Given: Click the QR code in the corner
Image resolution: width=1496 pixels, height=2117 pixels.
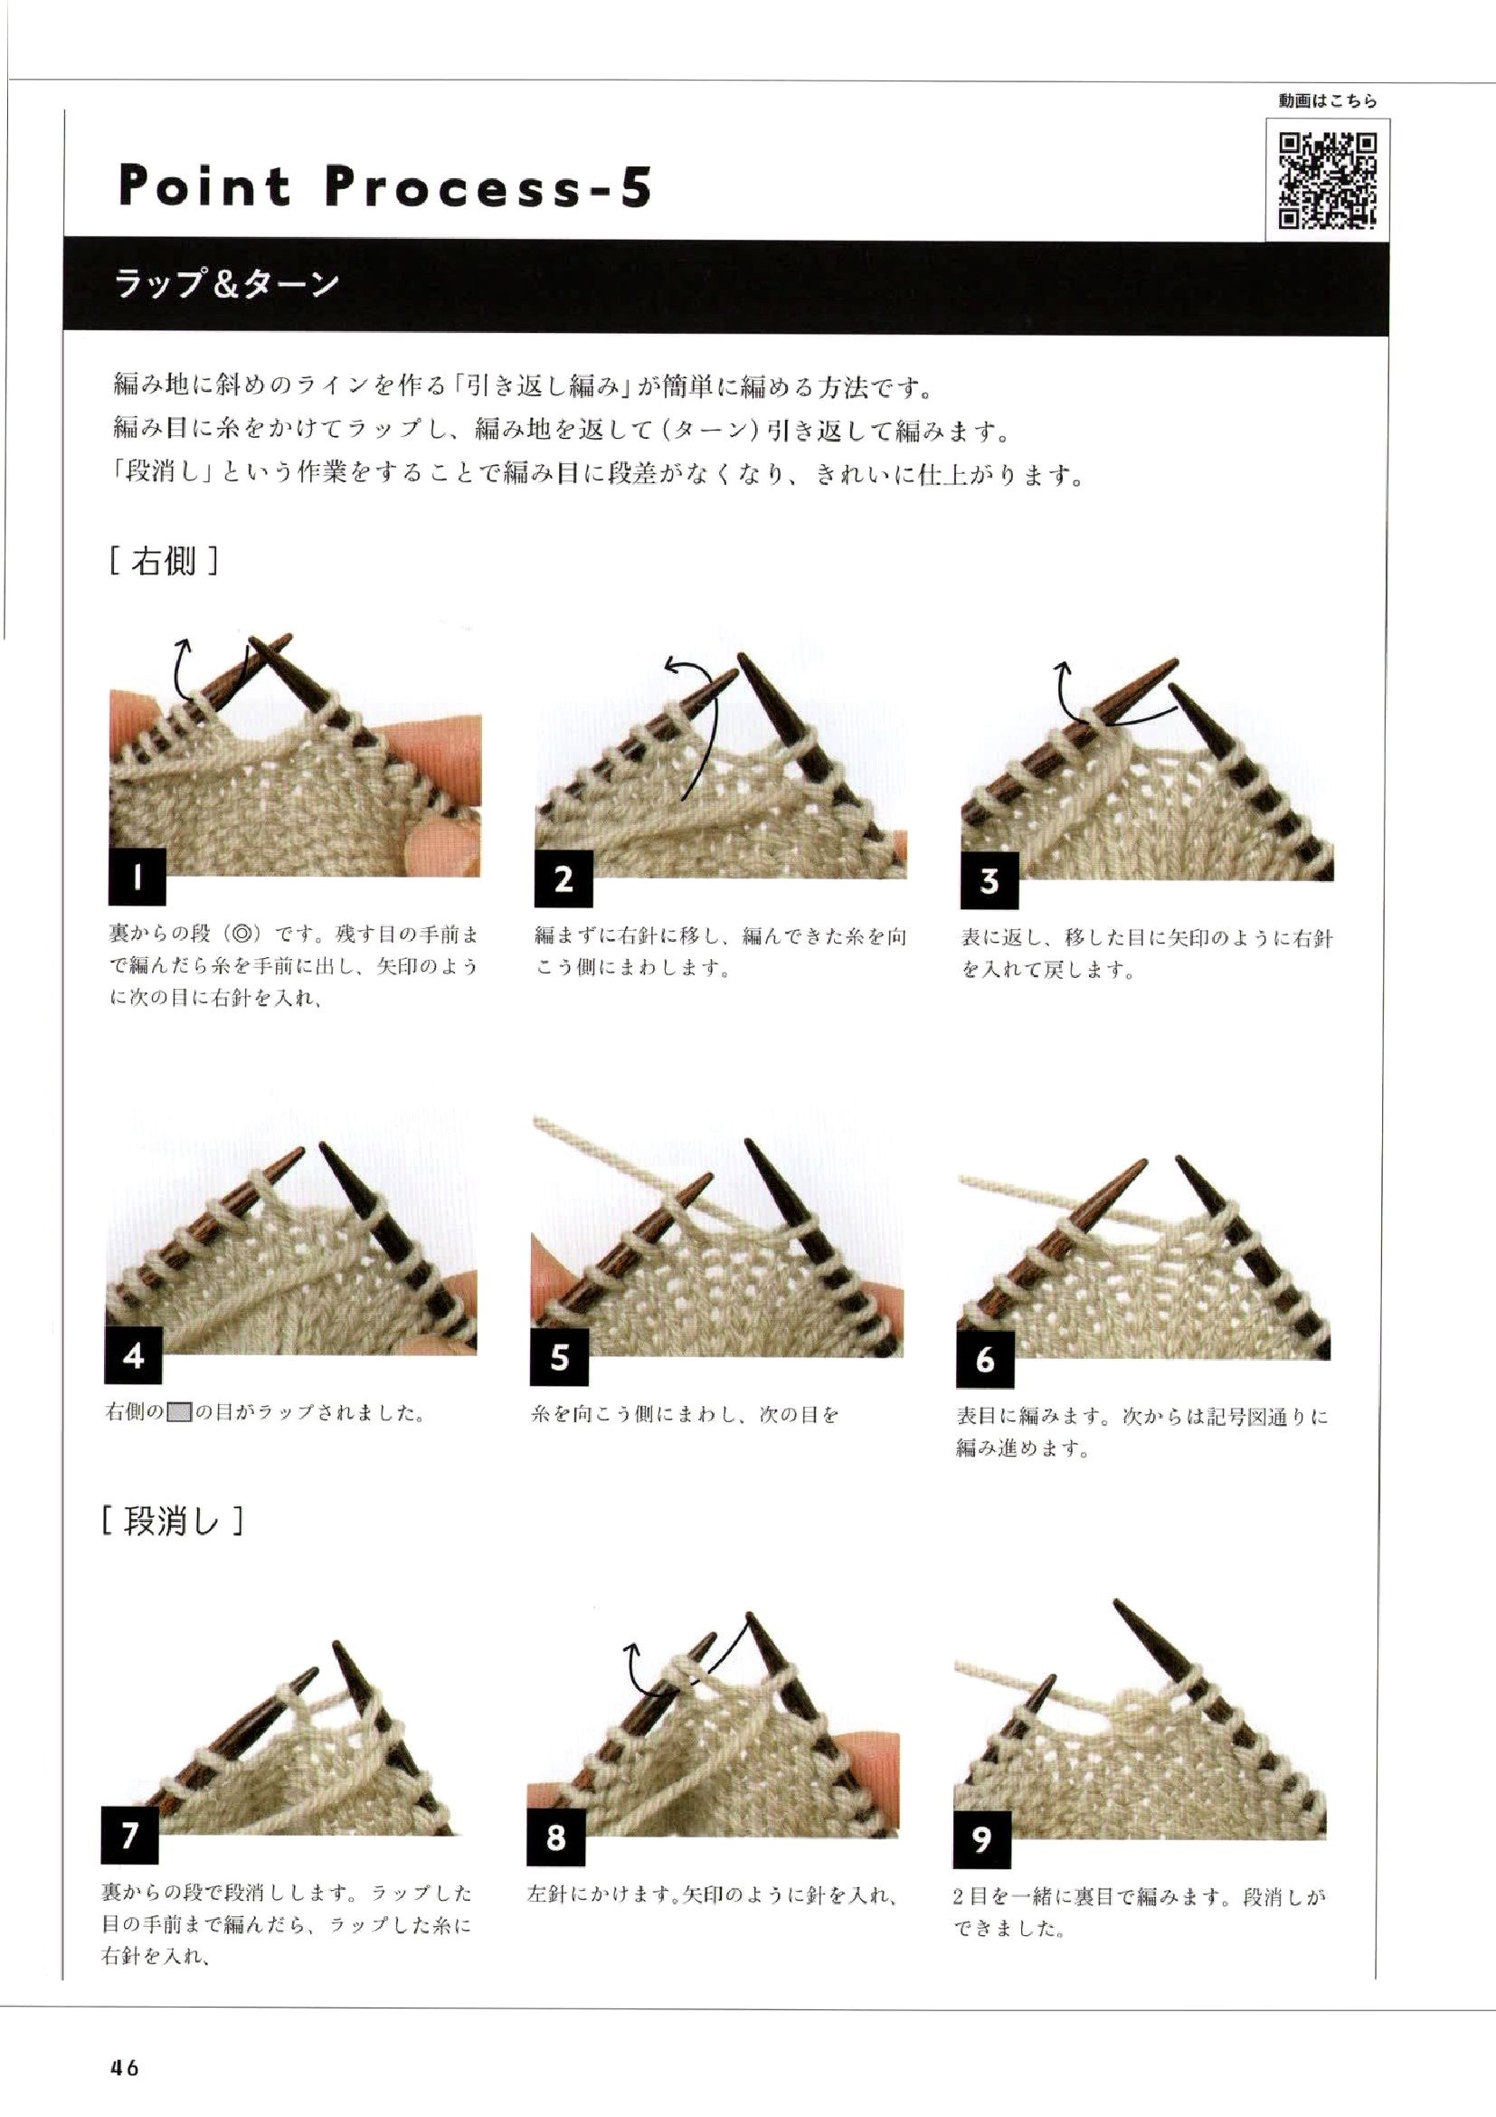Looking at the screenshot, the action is click(x=1330, y=180).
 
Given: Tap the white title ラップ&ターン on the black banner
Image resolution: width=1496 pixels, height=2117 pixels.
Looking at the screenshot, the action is click(x=227, y=283).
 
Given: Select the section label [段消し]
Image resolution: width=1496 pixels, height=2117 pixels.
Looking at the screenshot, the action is click(x=173, y=1523).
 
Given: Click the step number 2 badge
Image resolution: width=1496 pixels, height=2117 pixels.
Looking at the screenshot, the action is click(x=563, y=878).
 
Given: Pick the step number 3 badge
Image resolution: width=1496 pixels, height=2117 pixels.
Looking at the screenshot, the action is click(x=989, y=880).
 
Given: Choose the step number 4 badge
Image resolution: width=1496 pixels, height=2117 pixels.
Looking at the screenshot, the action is click(x=135, y=1355).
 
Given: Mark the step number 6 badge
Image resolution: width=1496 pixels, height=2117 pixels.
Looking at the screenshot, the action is click(x=985, y=1360).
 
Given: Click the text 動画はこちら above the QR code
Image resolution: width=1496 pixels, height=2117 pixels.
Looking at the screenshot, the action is click(x=1328, y=102).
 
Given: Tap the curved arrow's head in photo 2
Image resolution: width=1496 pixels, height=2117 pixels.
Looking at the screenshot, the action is click(x=670, y=665).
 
